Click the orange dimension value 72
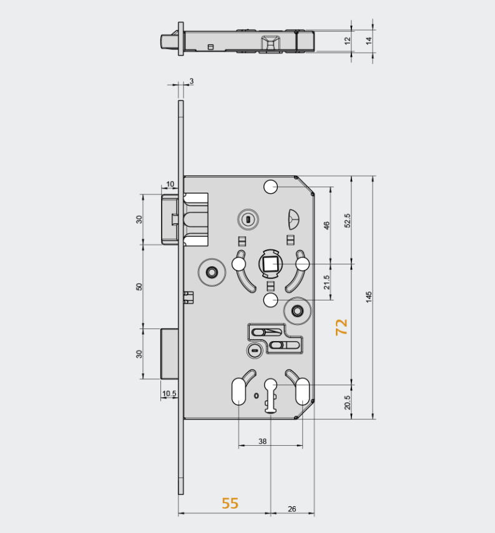click(341, 327)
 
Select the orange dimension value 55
click(230, 503)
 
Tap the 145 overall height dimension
click(369, 297)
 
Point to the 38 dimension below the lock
click(262, 441)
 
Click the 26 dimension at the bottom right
click(292, 509)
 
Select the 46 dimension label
click(326, 226)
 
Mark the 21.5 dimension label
click(326, 282)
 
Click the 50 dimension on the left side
click(139, 286)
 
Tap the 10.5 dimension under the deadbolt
click(169, 393)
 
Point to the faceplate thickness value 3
click(191, 81)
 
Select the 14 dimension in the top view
click(368, 40)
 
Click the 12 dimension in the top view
click(348, 40)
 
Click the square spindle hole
click(270, 264)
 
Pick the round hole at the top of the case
click(270, 186)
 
